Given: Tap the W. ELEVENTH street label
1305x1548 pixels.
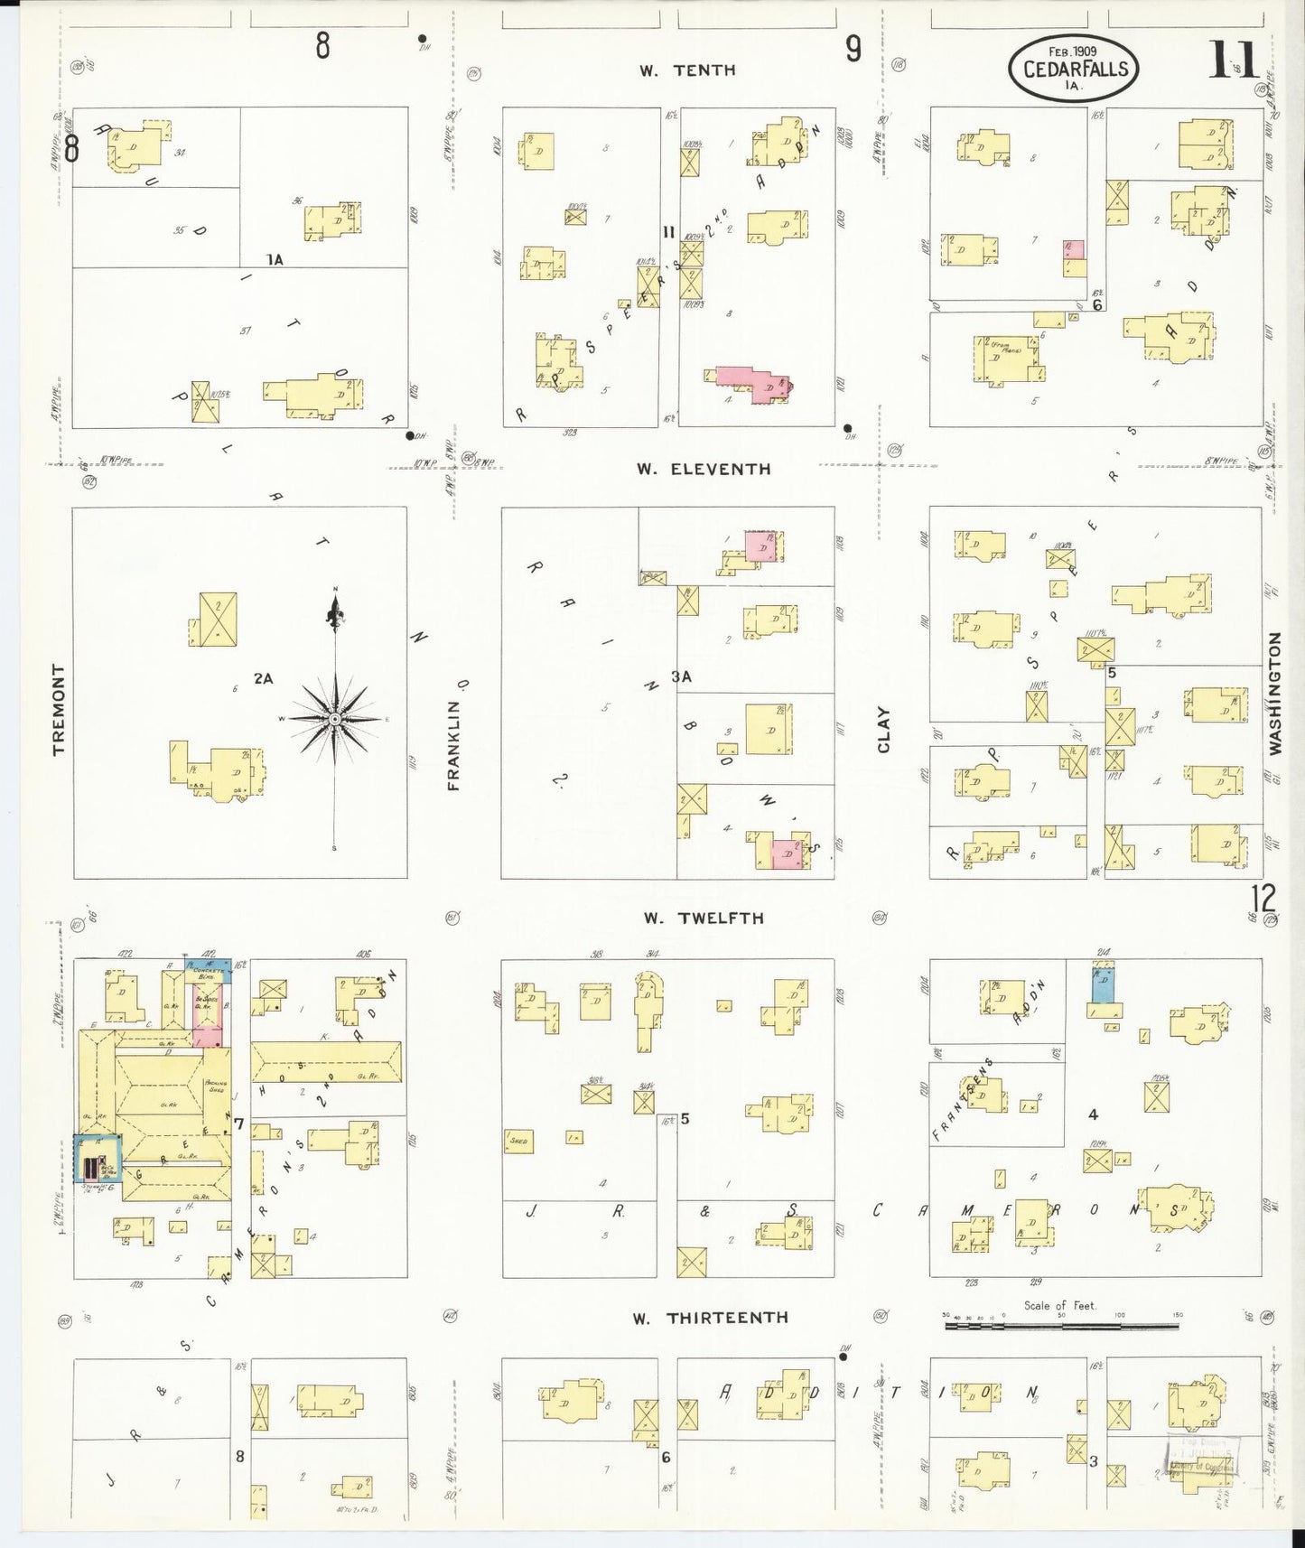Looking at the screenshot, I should pos(704,469).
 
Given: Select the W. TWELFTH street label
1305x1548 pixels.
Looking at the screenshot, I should pos(703,919).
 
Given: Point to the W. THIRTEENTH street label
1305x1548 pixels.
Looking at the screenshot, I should pos(711,1319).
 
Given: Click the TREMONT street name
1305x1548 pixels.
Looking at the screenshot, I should pos(60,709).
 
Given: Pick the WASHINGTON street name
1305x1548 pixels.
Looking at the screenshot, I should pos(1275,693).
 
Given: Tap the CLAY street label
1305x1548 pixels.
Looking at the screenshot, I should pos(883,729).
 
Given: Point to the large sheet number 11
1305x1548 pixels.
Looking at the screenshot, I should pos(1235,61).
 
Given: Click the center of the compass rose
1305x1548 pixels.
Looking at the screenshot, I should pos(334,718).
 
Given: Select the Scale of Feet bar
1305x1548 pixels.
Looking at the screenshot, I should pos(1062,1327).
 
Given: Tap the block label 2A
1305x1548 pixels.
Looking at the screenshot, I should pos(263,678).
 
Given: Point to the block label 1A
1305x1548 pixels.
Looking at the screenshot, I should pos(275,259).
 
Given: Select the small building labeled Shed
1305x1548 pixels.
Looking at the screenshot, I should pos(519,1141).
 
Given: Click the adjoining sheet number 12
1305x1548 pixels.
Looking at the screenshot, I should pos(1263,899).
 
